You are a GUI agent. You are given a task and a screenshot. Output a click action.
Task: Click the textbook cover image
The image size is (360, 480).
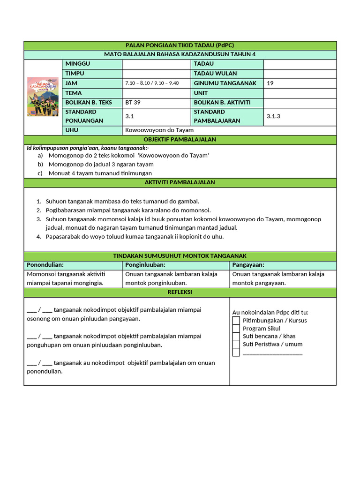click(x=43, y=97)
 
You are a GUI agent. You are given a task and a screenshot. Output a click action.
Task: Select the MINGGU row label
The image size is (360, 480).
click(x=78, y=64)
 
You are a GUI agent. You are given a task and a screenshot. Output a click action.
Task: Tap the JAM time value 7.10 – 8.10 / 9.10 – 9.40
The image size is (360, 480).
click(x=151, y=83)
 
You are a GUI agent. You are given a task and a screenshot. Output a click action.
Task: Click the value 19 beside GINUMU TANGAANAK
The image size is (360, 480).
click(x=270, y=83)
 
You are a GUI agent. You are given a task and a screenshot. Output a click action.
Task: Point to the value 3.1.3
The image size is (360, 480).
click(x=273, y=116)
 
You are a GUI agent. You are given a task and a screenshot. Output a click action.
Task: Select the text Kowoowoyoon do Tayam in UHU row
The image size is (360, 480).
click(x=159, y=130)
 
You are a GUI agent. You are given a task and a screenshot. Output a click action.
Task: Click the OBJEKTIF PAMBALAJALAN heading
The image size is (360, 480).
click(x=180, y=140)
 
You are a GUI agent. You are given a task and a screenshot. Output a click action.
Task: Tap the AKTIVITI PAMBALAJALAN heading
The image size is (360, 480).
click(x=180, y=182)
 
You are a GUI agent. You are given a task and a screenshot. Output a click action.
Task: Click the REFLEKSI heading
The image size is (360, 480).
click(x=180, y=292)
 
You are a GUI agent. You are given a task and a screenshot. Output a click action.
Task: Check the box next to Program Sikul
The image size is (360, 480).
click(x=236, y=328)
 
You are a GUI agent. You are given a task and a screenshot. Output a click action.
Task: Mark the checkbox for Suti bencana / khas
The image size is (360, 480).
click(x=236, y=336)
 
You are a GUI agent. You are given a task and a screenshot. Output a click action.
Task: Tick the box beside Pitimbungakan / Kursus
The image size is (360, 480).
click(x=236, y=320)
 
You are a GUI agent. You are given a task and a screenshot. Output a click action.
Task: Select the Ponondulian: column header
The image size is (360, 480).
click(x=45, y=265)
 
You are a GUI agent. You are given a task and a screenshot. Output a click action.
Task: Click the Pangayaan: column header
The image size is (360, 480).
click(x=248, y=265)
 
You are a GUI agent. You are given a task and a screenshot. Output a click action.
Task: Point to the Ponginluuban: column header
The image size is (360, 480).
click(x=145, y=265)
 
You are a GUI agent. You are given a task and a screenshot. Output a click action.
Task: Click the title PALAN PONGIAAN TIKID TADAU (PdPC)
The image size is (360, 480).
click(x=180, y=45)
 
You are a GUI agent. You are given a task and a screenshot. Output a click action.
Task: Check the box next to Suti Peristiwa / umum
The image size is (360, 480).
click(x=236, y=344)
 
